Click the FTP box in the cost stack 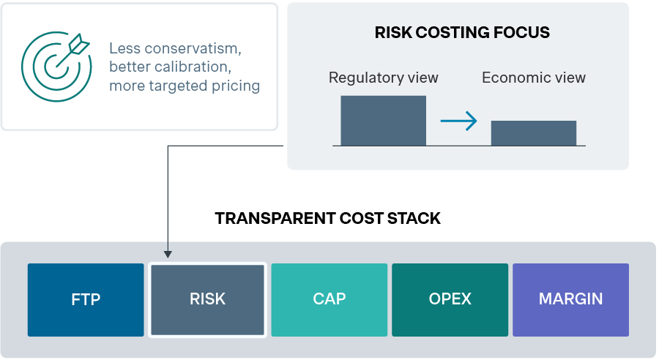point(86,299)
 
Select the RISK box point(208,299)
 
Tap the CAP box point(329,299)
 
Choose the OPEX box point(450,299)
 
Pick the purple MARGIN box point(570,299)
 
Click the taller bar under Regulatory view point(383,121)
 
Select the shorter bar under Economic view point(534,133)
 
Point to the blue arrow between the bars point(459,121)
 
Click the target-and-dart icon point(56,66)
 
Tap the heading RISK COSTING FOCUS point(462,33)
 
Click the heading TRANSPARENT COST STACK point(328,219)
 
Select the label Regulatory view point(383,78)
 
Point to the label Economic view point(534,78)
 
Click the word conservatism point(193,49)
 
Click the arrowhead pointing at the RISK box point(168,255)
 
